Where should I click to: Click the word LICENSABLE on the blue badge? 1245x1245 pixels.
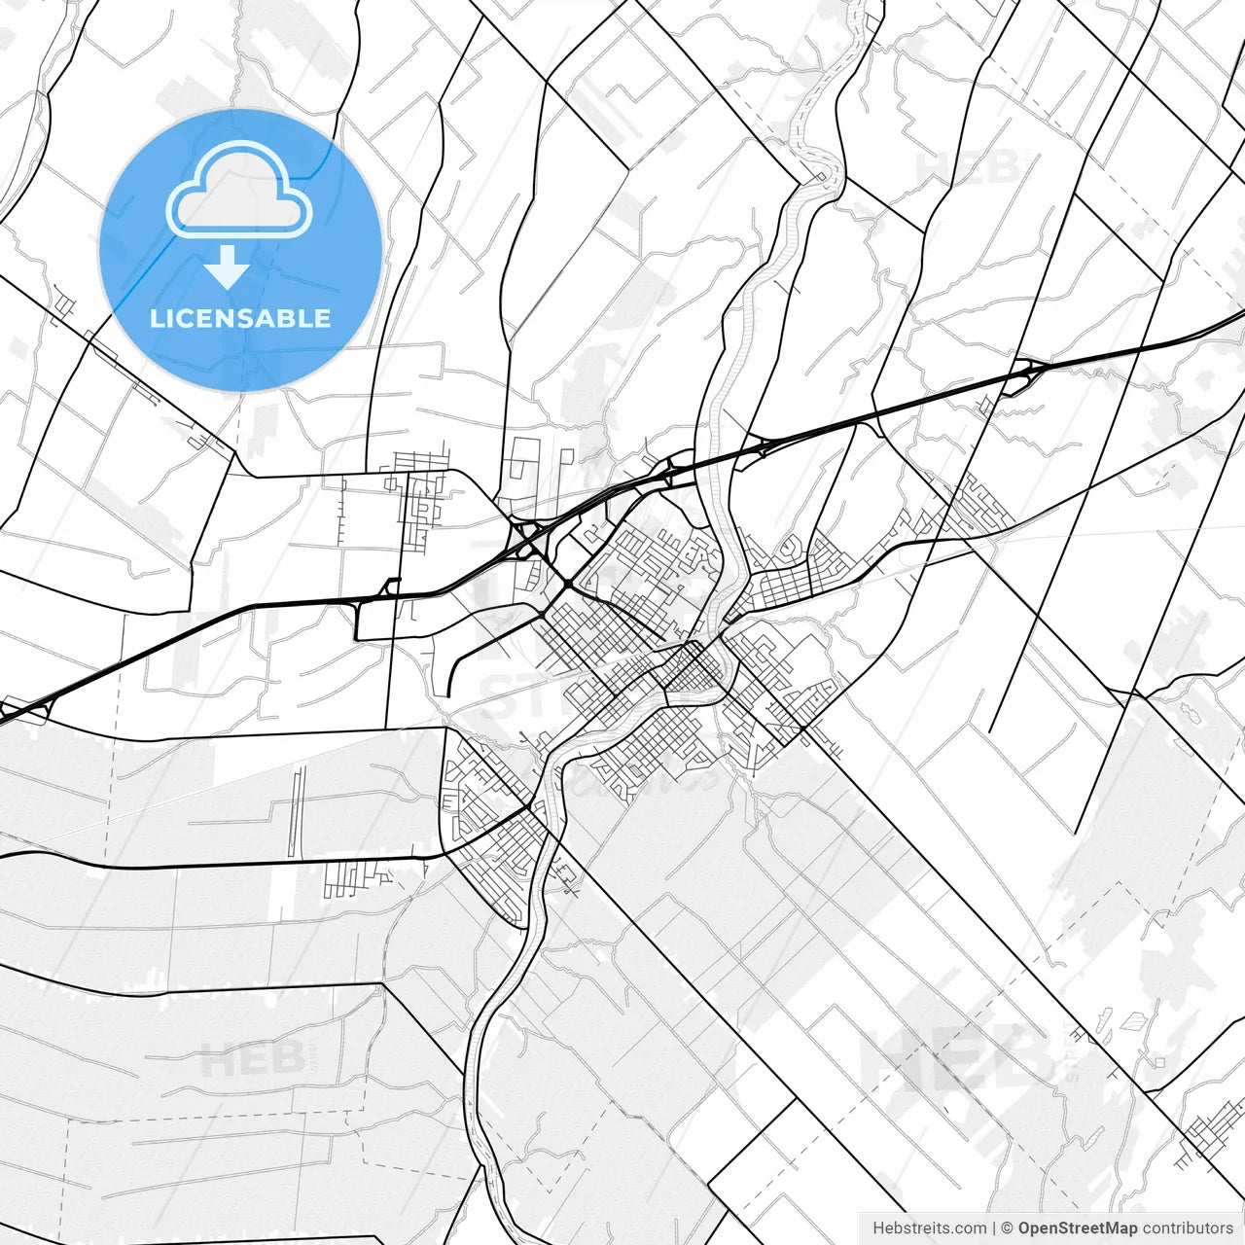click(x=240, y=318)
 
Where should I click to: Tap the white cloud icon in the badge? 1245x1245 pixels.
click(x=238, y=191)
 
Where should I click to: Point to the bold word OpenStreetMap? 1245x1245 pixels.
click(x=1077, y=1228)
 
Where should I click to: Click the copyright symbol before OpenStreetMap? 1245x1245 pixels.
click(x=1008, y=1228)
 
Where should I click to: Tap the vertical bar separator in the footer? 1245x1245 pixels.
click(x=994, y=1228)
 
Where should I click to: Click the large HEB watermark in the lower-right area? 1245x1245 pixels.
click(x=953, y=1055)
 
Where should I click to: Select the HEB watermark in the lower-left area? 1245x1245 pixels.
click(x=253, y=1058)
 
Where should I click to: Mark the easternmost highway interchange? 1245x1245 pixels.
click(x=1023, y=374)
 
